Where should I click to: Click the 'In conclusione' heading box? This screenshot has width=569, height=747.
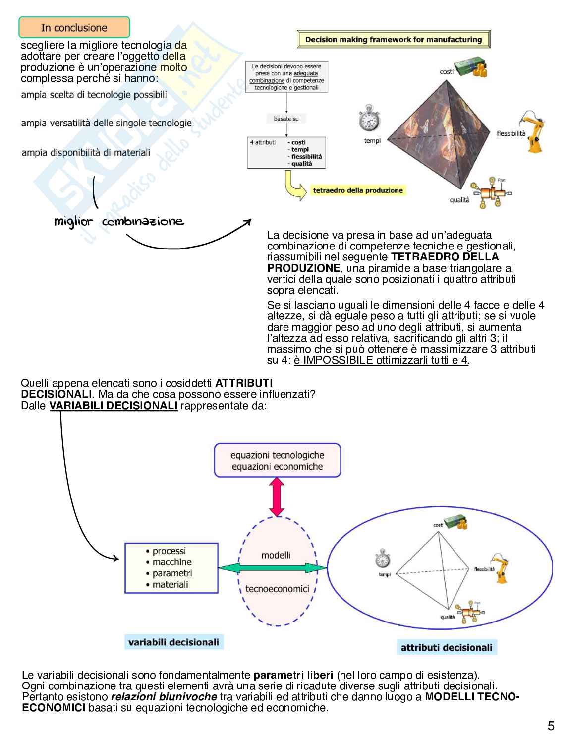pyautogui.click(x=74, y=27)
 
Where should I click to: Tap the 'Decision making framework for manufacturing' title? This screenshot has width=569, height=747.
pyautogui.click(x=394, y=40)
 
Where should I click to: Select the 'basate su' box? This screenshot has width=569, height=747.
pyautogui.click(x=286, y=119)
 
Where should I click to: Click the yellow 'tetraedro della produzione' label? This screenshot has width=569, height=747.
pyautogui.click(x=357, y=190)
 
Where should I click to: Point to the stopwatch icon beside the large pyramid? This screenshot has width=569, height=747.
pyautogui.click(x=369, y=118)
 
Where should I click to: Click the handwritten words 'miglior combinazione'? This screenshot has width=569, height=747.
pyautogui.click(x=119, y=222)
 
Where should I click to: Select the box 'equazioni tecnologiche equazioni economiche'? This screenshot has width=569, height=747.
pyautogui.click(x=277, y=461)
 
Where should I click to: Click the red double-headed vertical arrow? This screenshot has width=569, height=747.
pyautogui.click(x=277, y=497)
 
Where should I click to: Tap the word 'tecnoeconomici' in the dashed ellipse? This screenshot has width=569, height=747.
pyautogui.click(x=277, y=589)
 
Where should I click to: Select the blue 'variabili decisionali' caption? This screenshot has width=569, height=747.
pyautogui.click(x=173, y=642)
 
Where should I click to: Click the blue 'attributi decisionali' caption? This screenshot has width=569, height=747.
pyautogui.click(x=446, y=647)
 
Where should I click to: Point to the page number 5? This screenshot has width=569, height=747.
pyautogui.click(x=551, y=726)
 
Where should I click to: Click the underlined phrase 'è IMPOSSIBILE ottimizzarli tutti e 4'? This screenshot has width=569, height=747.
pyautogui.click(x=381, y=360)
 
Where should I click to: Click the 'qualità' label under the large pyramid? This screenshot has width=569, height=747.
pyautogui.click(x=459, y=200)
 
